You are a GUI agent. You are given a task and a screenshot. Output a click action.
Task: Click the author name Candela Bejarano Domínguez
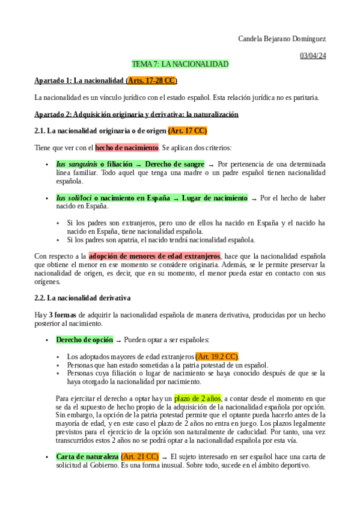(282, 38)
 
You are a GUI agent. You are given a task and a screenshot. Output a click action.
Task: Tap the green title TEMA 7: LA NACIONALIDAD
(180, 64)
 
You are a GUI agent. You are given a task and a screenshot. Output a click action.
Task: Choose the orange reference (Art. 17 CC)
(188, 131)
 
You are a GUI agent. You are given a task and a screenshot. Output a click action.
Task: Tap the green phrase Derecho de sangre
(174, 164)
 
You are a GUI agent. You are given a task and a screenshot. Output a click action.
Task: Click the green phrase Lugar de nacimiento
(214, 197)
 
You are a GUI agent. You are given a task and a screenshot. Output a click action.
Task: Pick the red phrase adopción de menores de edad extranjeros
(154, 256)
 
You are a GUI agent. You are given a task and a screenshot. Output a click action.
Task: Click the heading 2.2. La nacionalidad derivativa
(82, 298)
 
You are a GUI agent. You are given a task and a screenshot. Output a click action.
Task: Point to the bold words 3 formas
(63, 315)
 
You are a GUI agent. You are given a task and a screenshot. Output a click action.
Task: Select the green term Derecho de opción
(84, 340)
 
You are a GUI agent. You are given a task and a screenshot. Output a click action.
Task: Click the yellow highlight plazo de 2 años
(198, 398)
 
